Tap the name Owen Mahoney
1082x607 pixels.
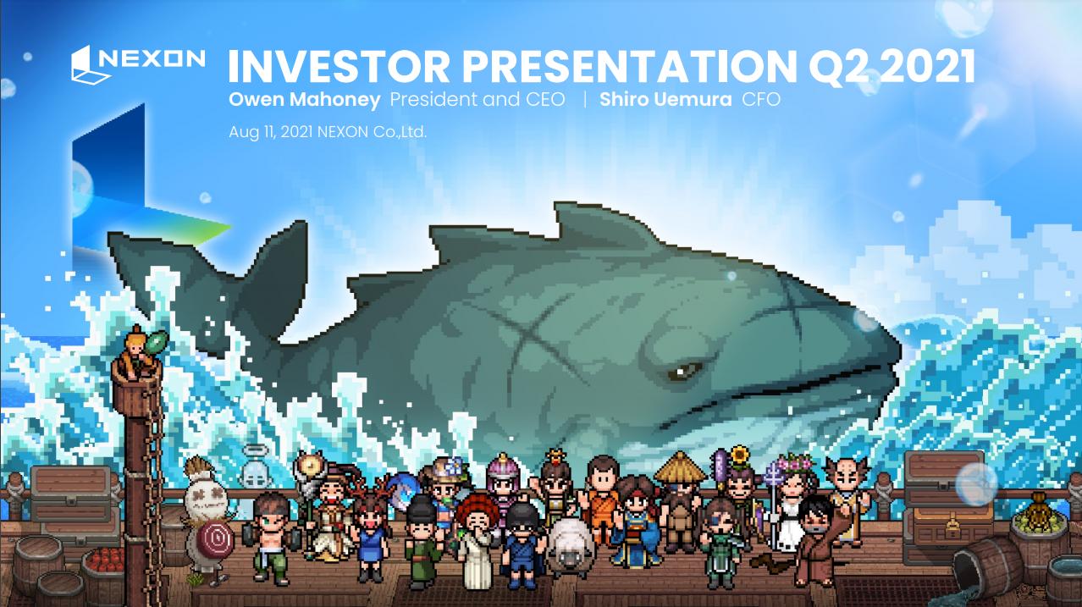click(x=305, y=99)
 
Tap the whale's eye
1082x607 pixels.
click(x=682, y=371)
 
